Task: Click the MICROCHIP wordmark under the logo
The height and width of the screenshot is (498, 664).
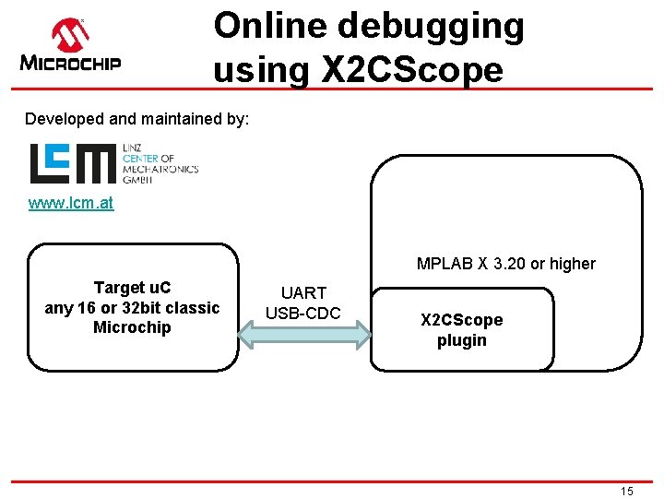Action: coord(70,64)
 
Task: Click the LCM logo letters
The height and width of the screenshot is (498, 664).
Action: coord(73,163)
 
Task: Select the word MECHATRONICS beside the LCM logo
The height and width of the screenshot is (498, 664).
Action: coord(160,169)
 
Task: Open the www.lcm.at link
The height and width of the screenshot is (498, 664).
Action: coord(71,203)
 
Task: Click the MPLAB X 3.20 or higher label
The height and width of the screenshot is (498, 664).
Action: coord(505,264)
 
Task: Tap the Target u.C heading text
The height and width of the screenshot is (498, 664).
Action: coord(132,288)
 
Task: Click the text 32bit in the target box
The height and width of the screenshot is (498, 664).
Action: coord(135,307)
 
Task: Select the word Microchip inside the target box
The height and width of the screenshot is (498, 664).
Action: coord(132,327)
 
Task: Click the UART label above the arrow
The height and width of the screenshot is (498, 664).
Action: coord(303,293)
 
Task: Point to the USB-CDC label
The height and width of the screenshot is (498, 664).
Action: coord(303,313)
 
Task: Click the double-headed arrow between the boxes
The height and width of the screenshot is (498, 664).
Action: coord(303,337)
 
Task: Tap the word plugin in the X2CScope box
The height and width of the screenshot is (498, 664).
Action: coord(461,340)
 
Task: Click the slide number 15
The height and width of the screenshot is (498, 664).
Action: coord(626,492)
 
